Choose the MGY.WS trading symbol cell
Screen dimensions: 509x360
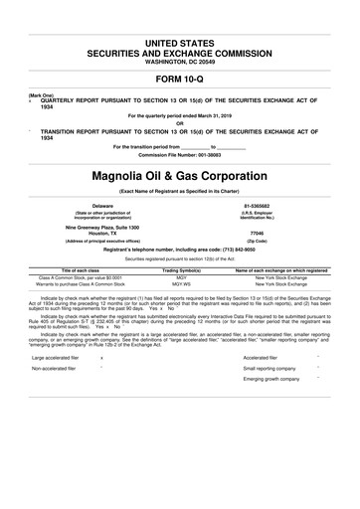[x=182, y=284]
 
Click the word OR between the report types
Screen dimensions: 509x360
[x=180, y=123]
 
